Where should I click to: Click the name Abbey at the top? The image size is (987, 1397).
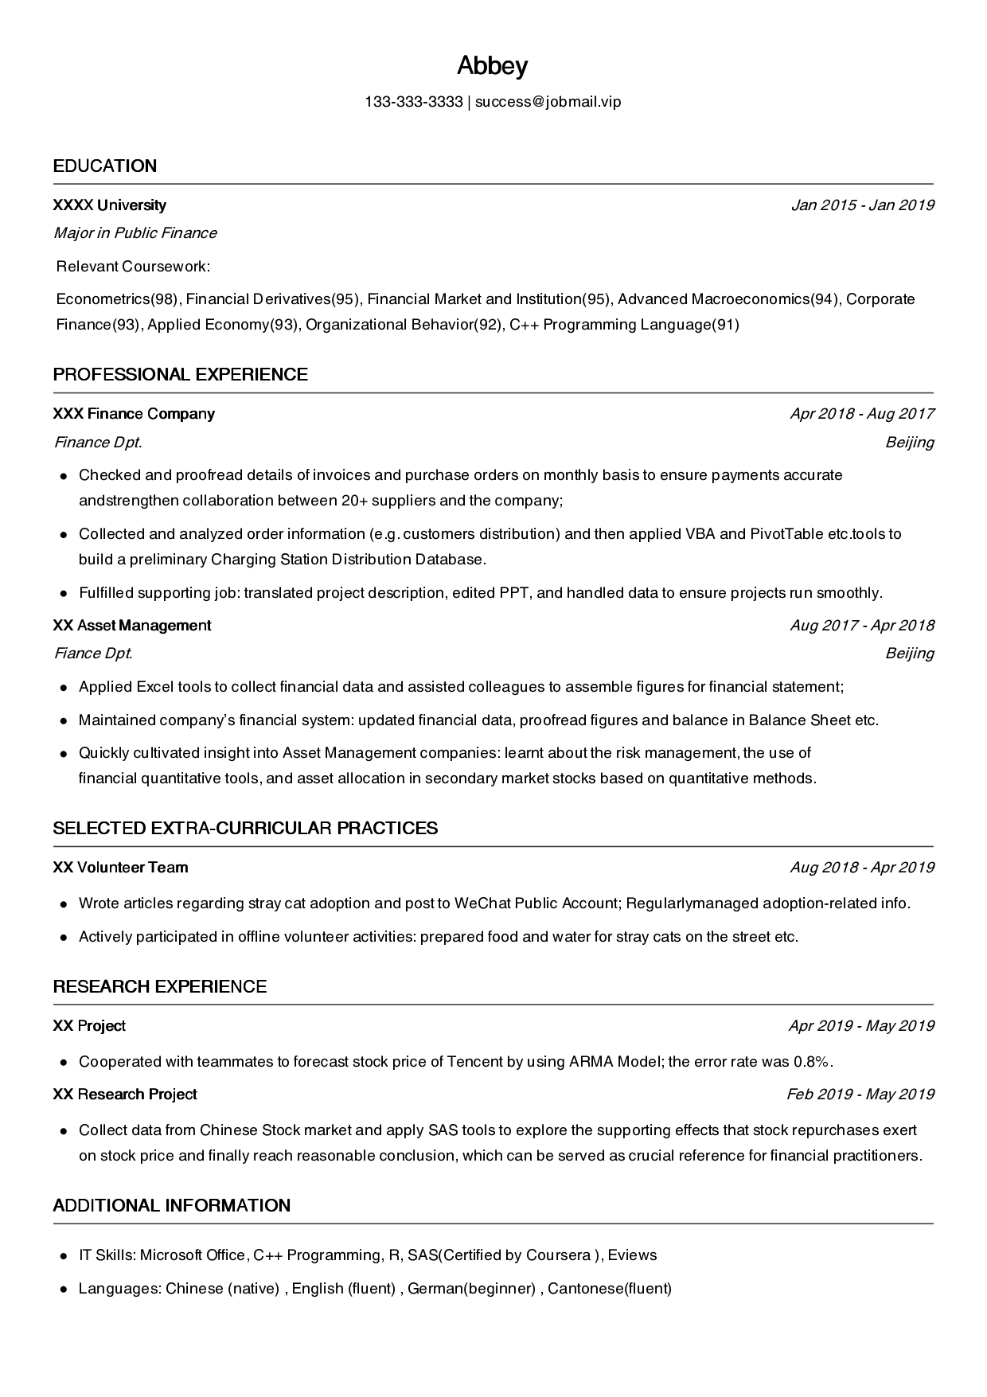pyautogui.click(x=492, y=66)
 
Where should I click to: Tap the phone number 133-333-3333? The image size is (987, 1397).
pyautogui.click(x=413, y=102)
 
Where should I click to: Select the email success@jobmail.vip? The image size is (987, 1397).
pyautogui.click(x=548, y=102)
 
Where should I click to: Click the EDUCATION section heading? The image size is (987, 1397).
pyautogui.click(x=105, y=166)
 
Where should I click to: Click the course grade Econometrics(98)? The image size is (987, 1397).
pyautogui.click(x=117, y=299)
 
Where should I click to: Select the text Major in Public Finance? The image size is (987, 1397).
pyautogui.click(x=135, y=233)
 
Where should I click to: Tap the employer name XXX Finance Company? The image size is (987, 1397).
pyautogui.click(x=134, y=414)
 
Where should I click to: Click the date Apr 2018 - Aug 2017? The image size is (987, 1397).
pyautogui.click(x=861, y=414)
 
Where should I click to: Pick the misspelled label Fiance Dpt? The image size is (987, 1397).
pyautogui.click(x=92, y=654)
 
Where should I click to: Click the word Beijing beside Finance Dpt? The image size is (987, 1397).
pyautogui.click(x=909, y=443)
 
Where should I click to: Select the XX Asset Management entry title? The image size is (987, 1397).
pyautogui.click(x=132, y=626)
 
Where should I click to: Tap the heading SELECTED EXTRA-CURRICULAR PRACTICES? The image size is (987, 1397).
pyautogui.click(x=245, y=828)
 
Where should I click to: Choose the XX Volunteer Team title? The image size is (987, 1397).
pyautogui.click(x=120, y=868)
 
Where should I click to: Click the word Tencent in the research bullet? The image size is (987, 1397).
pyautogui.click(x=474, y=1062)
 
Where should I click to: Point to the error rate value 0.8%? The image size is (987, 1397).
pyautogui.click(x=812, y=1062)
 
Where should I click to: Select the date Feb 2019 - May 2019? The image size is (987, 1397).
pyautogui.click(x=860, y=1095)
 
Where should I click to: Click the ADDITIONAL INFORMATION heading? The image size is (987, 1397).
pyautogui.click(x=172, y=1205)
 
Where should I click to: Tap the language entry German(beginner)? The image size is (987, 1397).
pyautogui.click(x=471, y=1289)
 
